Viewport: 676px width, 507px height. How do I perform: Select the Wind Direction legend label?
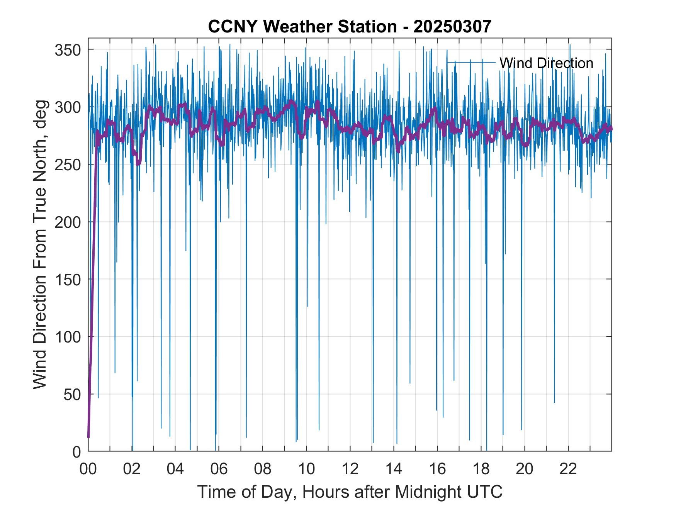pos(546,63)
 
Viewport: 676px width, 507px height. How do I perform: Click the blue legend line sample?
pos(471,62)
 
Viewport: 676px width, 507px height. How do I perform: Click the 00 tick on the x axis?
pos(88,469)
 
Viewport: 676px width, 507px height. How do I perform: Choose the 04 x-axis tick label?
pos(175,469)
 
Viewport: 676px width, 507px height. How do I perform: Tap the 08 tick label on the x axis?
pos(263,469)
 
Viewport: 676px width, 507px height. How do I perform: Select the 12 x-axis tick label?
pos(350,469)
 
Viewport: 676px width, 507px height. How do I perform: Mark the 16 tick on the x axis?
pos(437,469)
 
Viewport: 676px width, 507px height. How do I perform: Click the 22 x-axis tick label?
pos(568,469)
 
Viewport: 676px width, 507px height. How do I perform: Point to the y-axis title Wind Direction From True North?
pos(40,244)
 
